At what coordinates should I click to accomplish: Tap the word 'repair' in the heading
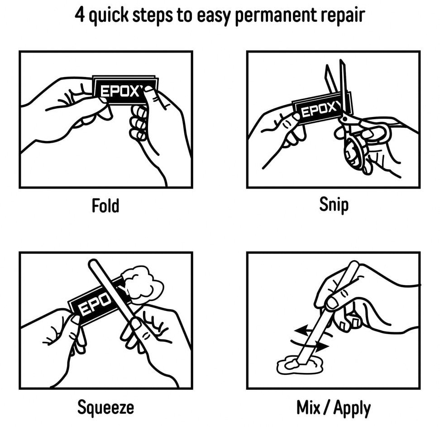(x=343, y=16)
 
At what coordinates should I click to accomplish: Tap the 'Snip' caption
(x=334, y=205)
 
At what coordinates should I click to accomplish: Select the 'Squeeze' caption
(x=105, y=407)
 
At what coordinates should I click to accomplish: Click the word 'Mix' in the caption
(x=308, y=408)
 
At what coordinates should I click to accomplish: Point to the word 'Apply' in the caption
(x=352, y=408)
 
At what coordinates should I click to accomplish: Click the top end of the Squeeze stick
(x=92, y=262)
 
